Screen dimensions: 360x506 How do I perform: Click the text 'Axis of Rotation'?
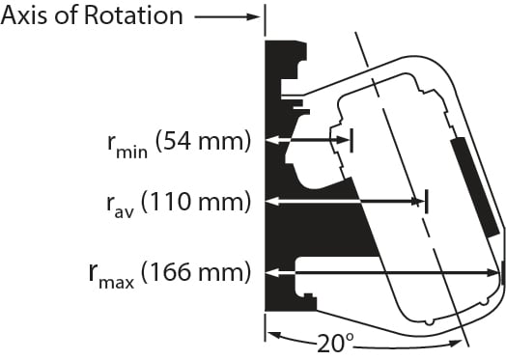click(92, 16)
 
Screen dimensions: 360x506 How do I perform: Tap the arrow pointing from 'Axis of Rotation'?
click(227, 16)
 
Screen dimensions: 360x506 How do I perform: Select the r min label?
click(126, 145)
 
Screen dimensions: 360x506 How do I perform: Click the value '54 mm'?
click(207, 142)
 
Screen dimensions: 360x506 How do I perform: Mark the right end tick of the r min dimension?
click(351, 140)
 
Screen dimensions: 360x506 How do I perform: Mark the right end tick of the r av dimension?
click(426, 201)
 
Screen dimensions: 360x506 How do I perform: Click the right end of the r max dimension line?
click(502, 272)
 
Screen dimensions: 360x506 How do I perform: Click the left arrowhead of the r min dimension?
click(272, 140)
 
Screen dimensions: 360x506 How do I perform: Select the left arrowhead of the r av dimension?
click(272, 201)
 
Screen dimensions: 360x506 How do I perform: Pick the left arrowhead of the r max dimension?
click(272, 272)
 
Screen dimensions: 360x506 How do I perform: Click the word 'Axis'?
click(27, 16)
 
